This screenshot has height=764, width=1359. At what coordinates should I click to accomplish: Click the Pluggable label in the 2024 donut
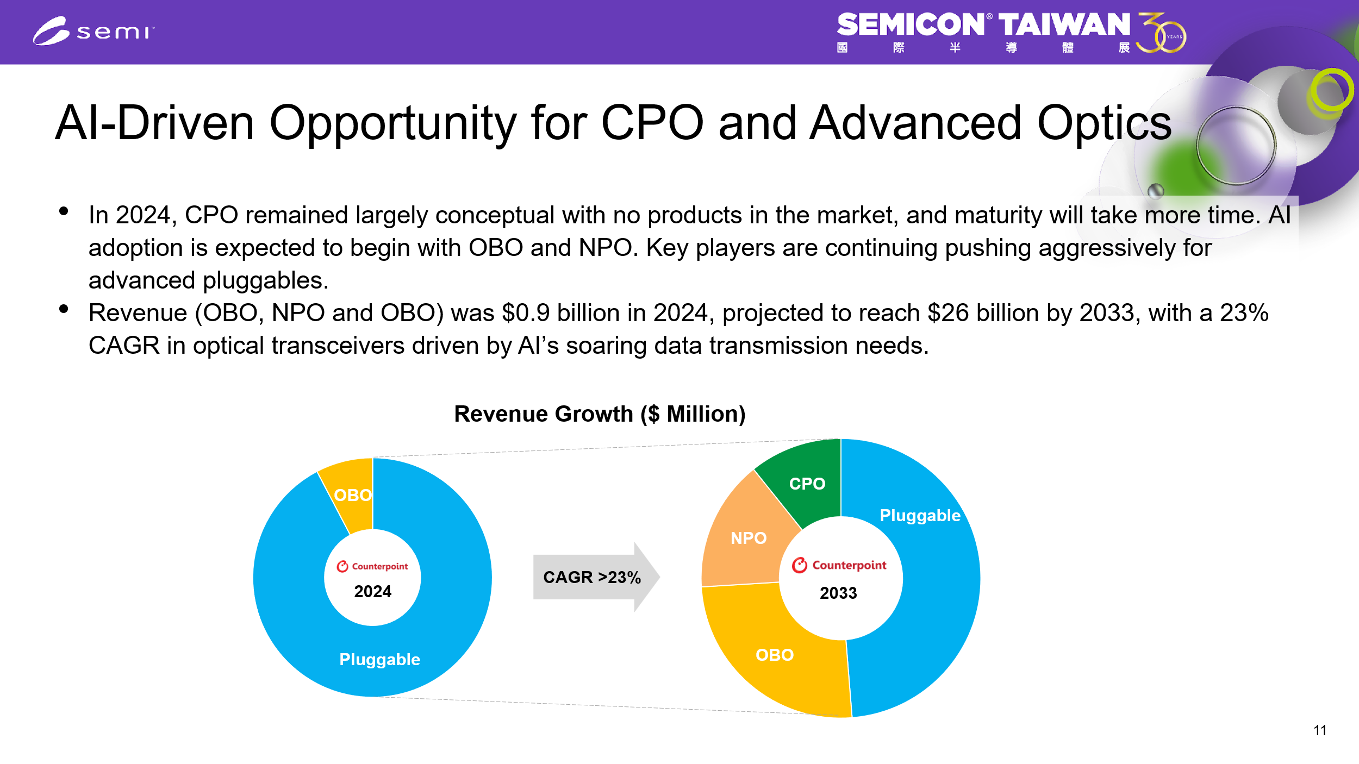pyautogui.click(x=379, y=659)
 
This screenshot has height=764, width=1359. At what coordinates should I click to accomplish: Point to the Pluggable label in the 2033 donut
pyautogui.click(x=920, y=515)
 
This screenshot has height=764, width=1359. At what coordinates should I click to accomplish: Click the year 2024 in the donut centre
pyautogui.click(x=372, y=591)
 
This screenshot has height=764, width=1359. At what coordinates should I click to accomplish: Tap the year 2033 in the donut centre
pyautogui.click(x=838, y=593)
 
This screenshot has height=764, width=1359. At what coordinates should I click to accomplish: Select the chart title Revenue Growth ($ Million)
pyautogui.click(x=600, y=414)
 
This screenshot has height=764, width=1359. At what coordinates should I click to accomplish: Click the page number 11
pyautogui.click(x=1320, y=730)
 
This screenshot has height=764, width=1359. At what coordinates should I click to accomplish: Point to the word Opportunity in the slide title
pyautogui.click(x=392, y=124)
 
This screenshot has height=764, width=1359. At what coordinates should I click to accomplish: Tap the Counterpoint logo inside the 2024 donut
pyautogui.click(x=372, y=566)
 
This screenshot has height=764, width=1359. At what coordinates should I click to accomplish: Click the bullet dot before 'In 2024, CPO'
pyautogui.click(x=64, y=211)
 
